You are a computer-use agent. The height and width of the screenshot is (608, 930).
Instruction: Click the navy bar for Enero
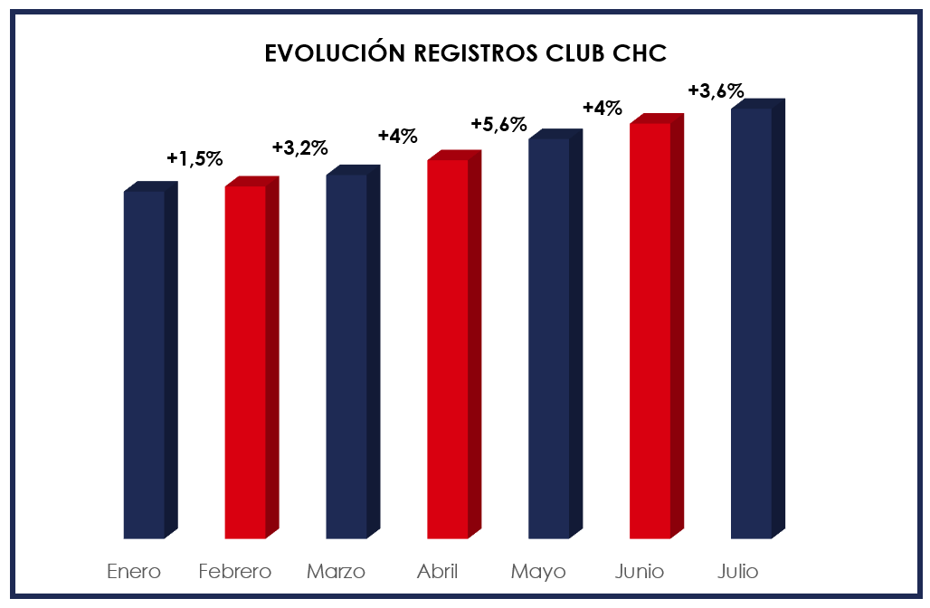(145, 362)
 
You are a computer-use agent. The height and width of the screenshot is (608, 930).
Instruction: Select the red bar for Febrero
(246, 362)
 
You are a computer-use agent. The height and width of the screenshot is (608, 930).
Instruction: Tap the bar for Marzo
(347, 357)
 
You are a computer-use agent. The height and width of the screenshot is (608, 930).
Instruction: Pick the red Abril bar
(449, 348)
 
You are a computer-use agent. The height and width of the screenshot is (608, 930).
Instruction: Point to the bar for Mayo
(550, 339)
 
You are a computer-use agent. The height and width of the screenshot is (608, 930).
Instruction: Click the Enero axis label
(134, 572)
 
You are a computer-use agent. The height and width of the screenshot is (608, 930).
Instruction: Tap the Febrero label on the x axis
(235, 572)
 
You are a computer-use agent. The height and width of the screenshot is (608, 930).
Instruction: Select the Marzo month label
(336, 572)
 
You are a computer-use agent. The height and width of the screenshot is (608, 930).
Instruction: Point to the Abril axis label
(437, 572)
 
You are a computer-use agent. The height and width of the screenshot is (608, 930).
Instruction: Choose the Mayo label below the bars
(538, 572)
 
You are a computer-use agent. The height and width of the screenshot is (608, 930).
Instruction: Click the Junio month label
(640, 572)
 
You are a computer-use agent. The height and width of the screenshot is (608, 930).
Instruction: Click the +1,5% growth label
(195, 158)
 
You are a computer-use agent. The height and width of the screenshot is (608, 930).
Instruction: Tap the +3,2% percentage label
(299, 147)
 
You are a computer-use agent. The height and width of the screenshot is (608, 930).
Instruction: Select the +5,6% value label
(498, 124)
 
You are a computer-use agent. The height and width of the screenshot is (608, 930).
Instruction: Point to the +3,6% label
(716, 90)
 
